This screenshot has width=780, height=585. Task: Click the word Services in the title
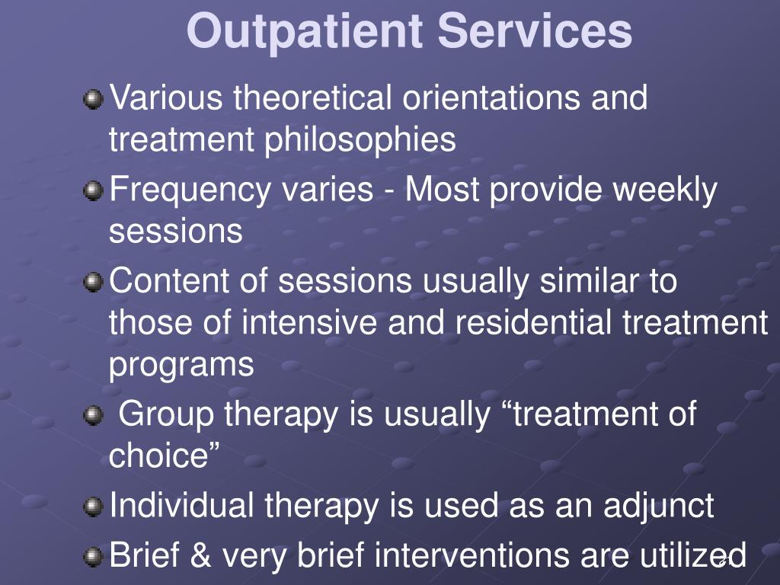[535, 30]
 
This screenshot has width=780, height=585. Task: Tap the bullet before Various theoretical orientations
[93, 100]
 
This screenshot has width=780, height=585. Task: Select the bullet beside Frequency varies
[93, 190]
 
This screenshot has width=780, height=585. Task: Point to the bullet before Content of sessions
[93, 282]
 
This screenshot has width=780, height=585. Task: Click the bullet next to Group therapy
[93, 415]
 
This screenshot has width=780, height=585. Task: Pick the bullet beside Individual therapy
[93, 507]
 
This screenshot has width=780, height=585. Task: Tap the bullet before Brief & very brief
[93, 557]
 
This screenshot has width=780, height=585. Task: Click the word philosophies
[360, 140]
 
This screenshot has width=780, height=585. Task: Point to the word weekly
[665, 190]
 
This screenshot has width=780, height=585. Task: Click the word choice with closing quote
[165, 455]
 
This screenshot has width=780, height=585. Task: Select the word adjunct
[659, 507]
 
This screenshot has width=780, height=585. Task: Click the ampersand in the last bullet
[200, 555]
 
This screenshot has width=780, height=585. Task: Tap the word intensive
[309, 321]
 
